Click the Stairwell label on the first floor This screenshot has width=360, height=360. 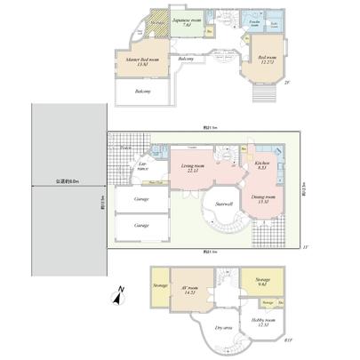coord(224,204)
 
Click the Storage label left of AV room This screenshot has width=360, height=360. coord(160,285)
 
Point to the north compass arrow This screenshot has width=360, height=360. coord(119,298)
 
